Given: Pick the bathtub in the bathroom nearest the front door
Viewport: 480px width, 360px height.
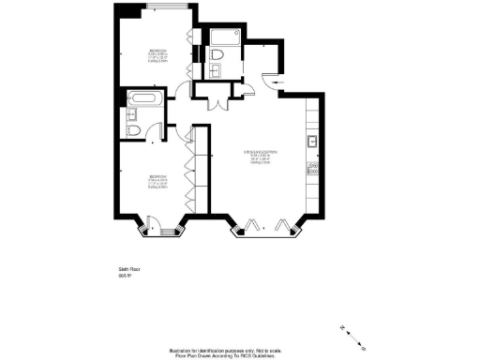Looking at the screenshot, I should pos(226,38).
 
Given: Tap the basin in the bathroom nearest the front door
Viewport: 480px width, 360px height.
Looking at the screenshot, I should pos(218,54).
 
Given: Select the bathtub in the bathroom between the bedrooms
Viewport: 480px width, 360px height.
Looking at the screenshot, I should pos(146,97).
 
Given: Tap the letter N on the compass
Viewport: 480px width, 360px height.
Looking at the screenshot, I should pos(344,327).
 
